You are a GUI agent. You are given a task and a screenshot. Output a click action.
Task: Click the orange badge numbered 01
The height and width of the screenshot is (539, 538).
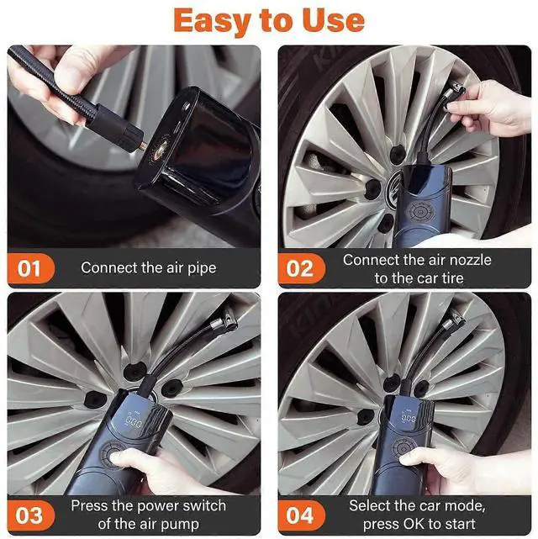30,268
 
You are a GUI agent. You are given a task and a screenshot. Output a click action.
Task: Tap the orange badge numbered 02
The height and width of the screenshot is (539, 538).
301,268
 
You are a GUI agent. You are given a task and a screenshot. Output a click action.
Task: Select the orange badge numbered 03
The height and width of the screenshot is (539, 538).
30,515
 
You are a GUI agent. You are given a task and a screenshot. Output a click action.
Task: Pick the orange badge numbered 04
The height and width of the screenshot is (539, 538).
301,515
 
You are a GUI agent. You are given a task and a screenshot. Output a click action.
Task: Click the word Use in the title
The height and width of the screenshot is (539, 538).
333,21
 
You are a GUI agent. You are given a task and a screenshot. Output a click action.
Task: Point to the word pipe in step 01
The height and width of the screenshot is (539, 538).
202,268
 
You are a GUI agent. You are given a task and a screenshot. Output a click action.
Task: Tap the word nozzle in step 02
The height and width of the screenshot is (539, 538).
471,260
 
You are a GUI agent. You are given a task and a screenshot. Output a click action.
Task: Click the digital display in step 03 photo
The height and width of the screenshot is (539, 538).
134,421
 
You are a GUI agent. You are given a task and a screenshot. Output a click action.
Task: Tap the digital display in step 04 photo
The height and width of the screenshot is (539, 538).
409,418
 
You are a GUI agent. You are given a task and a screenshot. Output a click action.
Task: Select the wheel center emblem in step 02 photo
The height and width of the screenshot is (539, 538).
394,188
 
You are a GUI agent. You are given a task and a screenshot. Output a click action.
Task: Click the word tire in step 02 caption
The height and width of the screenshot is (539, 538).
451,278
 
